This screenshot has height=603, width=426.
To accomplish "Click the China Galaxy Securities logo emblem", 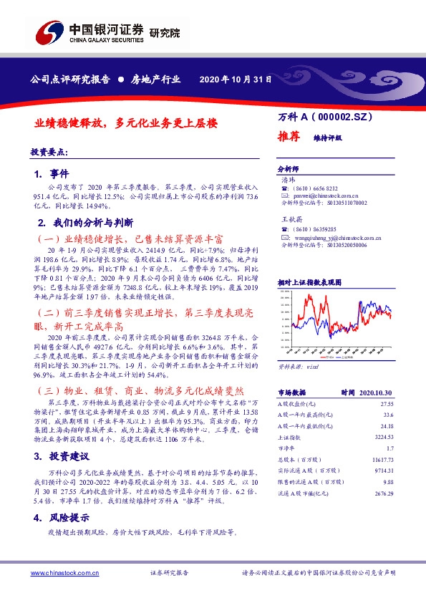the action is point(49,33).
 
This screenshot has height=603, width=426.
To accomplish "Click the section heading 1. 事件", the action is point(52,174).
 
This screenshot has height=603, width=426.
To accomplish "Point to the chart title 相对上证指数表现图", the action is point(309,283).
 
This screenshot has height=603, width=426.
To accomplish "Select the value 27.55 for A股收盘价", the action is point(386,405).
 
